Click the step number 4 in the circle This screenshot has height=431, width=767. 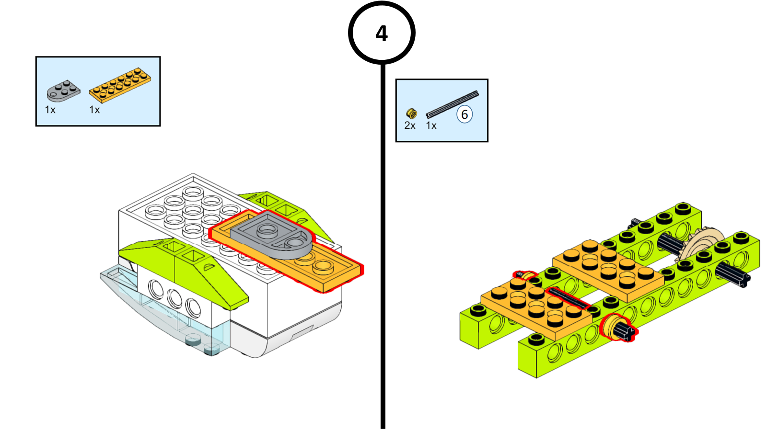pyautogui.click(x=382, y=34)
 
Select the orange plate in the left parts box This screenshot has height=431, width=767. pyautogui.click(x=120, y=85)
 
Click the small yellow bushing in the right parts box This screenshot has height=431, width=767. pyautogui.click(x=411, y=113)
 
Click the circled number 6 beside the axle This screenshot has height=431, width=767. pyautogui.click(x=465, y=114)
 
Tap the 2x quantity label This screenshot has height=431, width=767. pyautogui.click(x=410, y=125)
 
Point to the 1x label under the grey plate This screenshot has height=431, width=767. pyautogui.click(x=50, y=110)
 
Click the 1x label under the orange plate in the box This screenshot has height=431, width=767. pyautogui.click(x=94, y=110)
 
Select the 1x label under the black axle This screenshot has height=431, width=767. pyautogui.click(x=431, y=125)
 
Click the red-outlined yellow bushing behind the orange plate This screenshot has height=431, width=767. pyautogui.click(x=526, y=276)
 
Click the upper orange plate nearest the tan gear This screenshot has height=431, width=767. pyautogui.click(x=608, y=268)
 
